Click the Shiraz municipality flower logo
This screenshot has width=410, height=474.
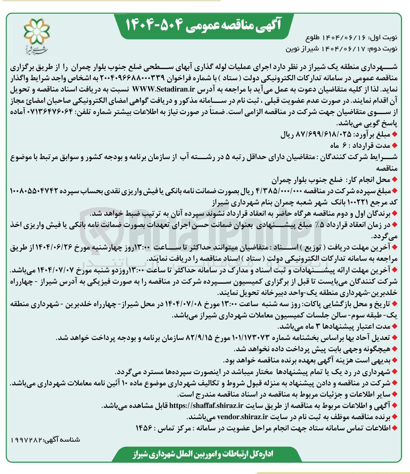pyautogui.click(x=36, y=31)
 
